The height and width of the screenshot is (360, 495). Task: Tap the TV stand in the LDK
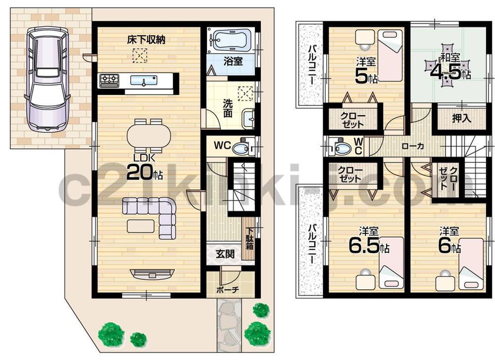(x=152, y=273)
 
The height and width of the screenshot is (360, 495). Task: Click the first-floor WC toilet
(x=242, y=147)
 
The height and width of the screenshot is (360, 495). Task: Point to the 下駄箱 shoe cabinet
(x=249, y=238)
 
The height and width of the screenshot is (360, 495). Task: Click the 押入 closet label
(x=461, y=119)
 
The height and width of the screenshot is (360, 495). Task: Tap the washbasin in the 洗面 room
(x=247, y=118)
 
